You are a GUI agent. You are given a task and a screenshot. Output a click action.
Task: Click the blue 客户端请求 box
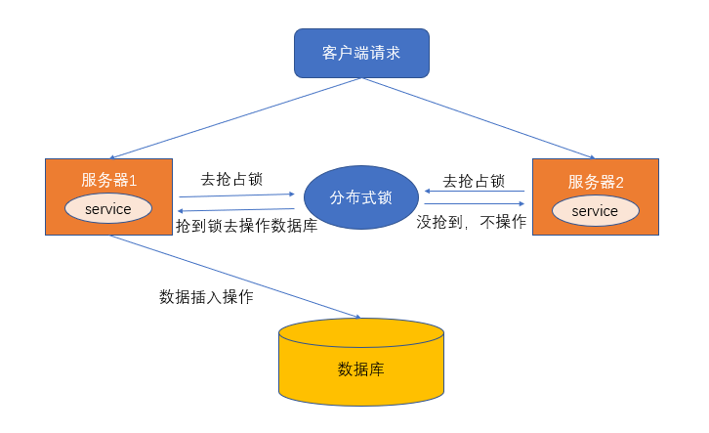point(361,53)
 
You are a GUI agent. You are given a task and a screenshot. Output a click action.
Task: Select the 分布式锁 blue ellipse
point(360,197)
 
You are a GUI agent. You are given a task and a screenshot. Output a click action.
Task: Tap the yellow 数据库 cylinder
point(360,368)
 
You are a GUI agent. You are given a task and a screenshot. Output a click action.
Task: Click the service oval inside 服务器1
point(107,208)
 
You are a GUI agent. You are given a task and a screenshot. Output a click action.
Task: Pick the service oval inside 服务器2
point(595,210)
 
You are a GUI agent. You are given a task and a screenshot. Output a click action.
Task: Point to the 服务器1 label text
point(108,180)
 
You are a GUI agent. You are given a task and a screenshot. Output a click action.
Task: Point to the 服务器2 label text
point(596,181)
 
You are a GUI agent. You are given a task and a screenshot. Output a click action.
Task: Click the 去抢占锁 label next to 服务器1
point(231,179)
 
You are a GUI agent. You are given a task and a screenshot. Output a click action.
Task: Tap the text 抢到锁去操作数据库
point(246,226)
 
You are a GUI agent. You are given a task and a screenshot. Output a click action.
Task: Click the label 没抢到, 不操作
point(472,222)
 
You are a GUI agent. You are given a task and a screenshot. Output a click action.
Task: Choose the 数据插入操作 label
point(206,296)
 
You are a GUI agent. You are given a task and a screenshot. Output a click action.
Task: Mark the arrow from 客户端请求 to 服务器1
point(234,118)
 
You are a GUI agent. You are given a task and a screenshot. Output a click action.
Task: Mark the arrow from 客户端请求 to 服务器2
point(479,118)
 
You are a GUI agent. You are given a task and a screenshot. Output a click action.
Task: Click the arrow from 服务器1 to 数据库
point(234,277)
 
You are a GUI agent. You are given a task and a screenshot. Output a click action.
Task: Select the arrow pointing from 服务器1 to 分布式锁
point(237,195)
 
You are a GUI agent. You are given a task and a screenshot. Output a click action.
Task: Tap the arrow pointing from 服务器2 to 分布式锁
point(475,192)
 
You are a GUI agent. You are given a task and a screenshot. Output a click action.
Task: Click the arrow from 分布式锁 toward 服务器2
point(475,203)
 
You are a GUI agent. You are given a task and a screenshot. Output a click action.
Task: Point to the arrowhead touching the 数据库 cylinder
point(357,317)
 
